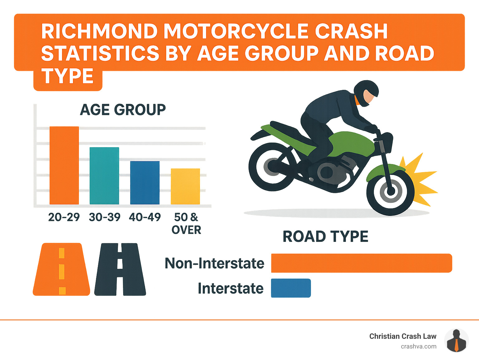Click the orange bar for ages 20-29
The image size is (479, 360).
[x=64, y=165]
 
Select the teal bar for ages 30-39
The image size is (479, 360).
[x=104, y=176]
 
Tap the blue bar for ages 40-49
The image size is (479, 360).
[x=145, y=183]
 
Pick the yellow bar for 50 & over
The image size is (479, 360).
[x=185, y=186]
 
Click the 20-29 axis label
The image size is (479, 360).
[x=64, y=217]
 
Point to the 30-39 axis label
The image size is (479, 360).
[x=104, y=217]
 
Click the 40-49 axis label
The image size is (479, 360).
[x=145, y=217]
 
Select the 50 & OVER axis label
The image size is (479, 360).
[x=186, y=223]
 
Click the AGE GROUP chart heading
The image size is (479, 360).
[x=123, y=110]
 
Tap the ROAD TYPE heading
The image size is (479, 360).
[x=325, y=236]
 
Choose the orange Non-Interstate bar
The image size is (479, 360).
[x=361, y=263]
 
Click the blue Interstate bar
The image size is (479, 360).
[x=291, y=288]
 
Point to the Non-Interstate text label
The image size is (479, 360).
[x=214, y=263]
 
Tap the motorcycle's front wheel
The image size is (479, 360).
[x=390, y=191]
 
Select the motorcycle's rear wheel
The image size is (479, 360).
[x=272, y=167]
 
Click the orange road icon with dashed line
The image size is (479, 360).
[x=61, y=269]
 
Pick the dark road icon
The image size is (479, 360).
[x=120, y=269]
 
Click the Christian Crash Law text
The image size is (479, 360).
[x=403, y=336]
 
